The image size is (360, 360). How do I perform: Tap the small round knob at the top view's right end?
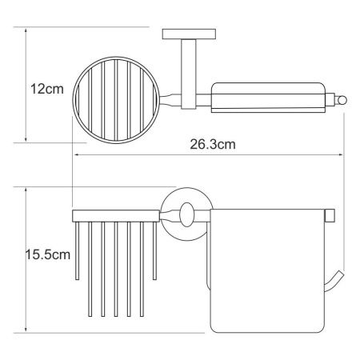(341, 100)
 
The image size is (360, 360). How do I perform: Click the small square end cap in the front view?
(328, 218)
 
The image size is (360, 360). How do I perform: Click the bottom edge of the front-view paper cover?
(268, 330)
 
